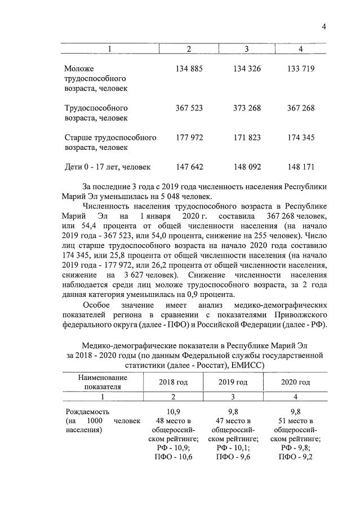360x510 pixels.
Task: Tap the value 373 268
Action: click(247, 108)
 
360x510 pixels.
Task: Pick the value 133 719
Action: click(300, 68)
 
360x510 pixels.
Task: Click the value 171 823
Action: click(247, 137)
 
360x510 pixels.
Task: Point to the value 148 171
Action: click(300, 167)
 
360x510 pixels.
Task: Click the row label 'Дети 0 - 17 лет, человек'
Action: click(108, 167)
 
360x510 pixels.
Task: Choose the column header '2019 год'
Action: click(233, 382)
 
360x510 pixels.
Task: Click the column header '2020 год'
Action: click(295, 382)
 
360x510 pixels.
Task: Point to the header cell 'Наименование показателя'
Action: click(103, 382)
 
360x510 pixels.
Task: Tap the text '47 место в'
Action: click(233, 421)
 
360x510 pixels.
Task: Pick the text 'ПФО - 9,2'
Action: click(295, 457)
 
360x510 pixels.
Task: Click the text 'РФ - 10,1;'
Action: click(233, 448)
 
